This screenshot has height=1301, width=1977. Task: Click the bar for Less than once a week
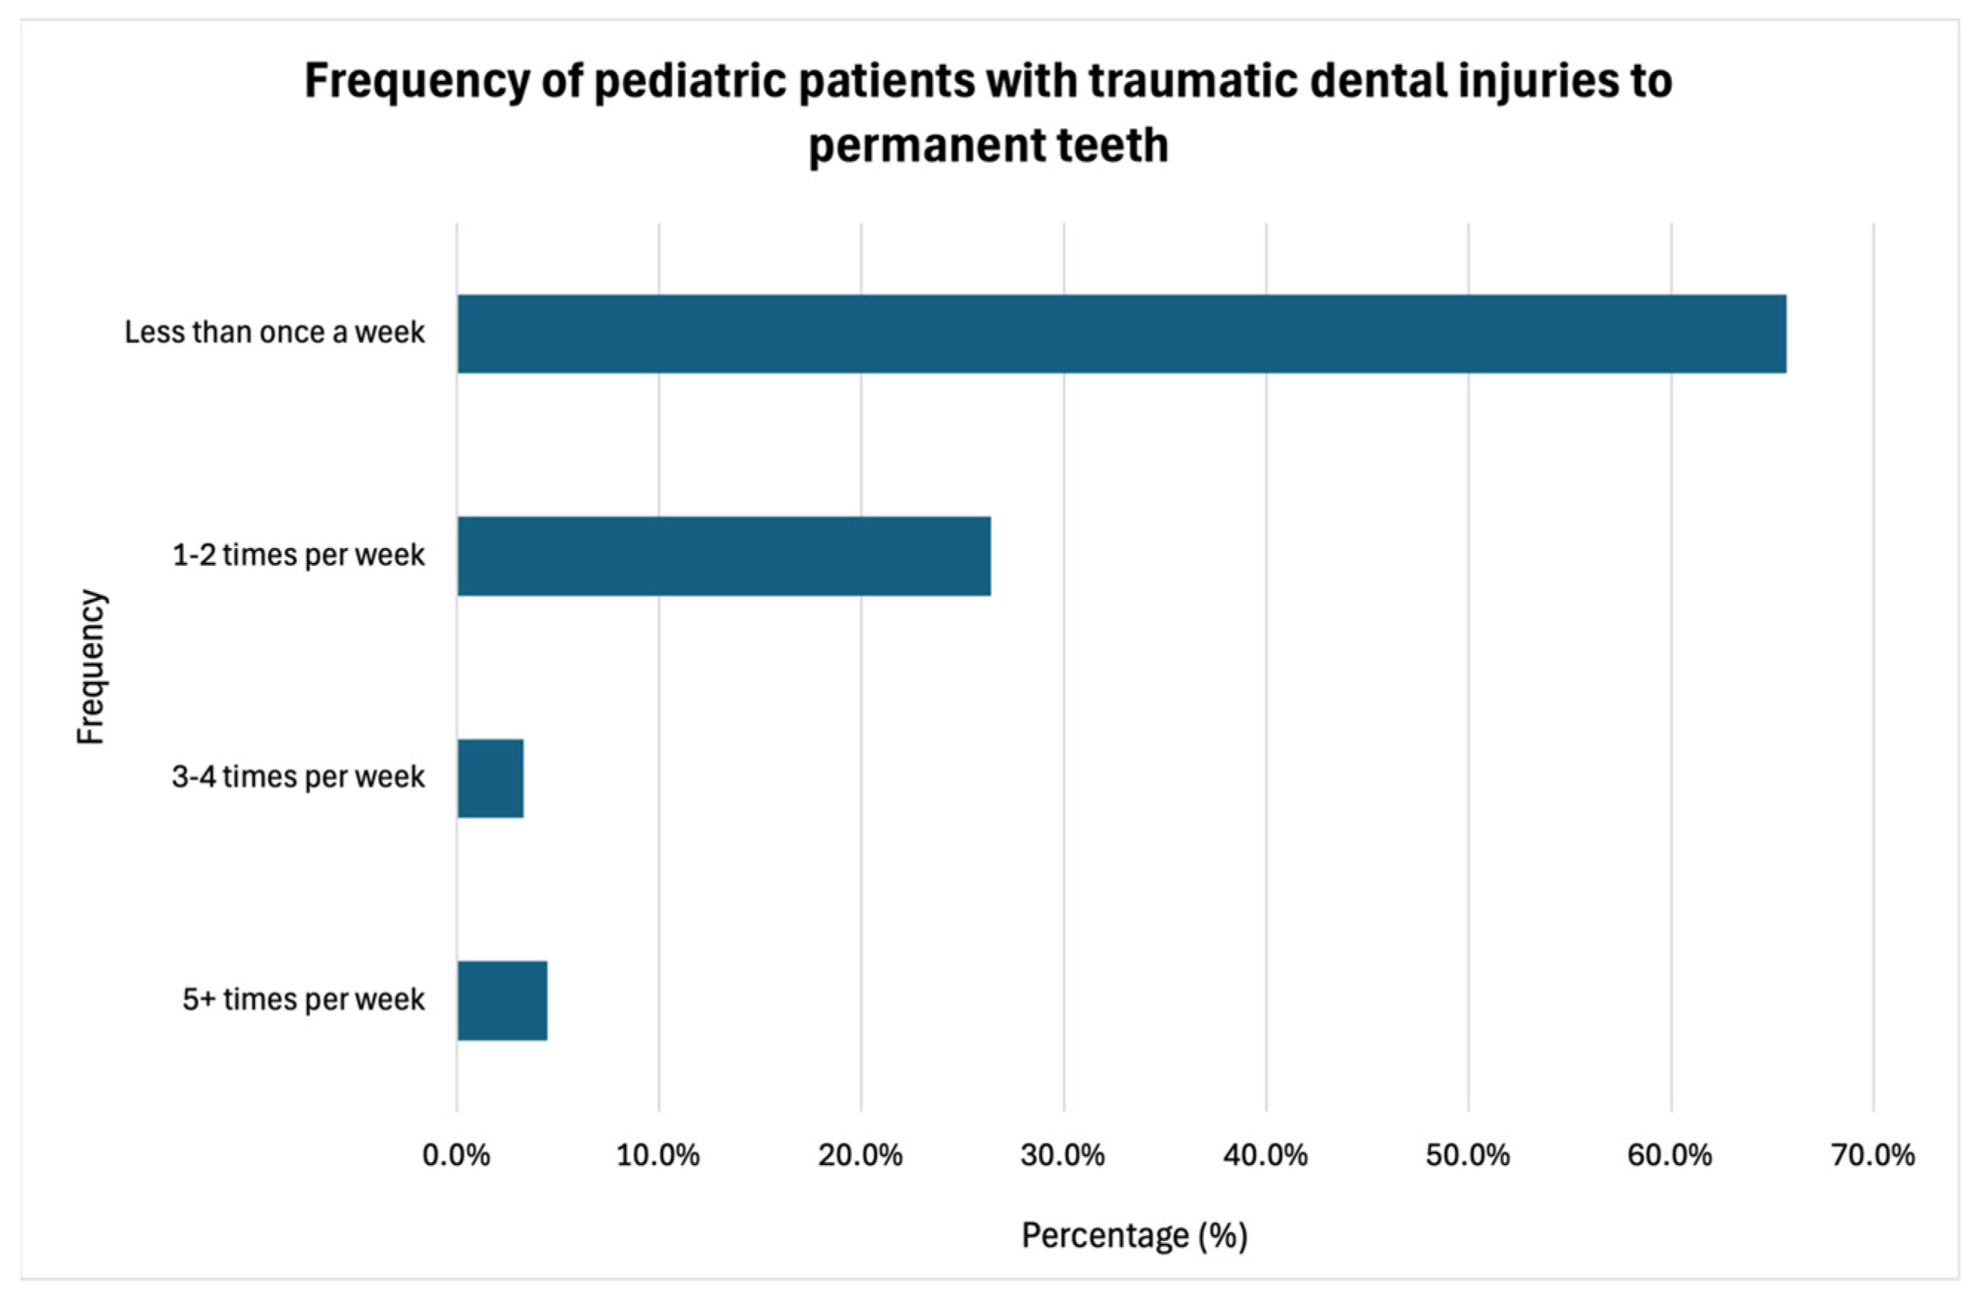1122,333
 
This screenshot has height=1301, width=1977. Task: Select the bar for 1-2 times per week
724,555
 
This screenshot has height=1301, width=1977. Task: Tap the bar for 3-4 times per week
490,778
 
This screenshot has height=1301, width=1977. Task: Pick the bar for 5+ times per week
502,1000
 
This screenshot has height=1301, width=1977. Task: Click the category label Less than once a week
274,333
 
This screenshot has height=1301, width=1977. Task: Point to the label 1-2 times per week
298,555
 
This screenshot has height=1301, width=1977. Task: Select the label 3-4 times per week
298,777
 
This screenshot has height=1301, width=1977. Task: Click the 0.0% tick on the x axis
456,1155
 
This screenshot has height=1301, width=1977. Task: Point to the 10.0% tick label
658,1155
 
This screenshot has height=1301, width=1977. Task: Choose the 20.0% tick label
860,1155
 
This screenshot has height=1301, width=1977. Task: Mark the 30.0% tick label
1063,1155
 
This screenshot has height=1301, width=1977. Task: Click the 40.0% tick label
1265,1155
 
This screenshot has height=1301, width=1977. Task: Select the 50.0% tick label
1468,1155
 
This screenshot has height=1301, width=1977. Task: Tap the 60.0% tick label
1670,1155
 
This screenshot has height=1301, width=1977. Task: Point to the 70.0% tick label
1873,1155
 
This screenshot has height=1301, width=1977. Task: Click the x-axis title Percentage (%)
1134,1236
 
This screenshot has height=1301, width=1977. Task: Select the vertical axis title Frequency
91,667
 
